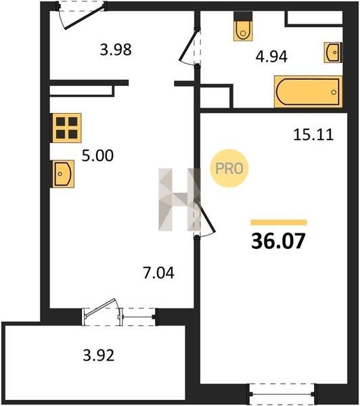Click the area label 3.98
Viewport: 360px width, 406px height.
[x=116, y=49]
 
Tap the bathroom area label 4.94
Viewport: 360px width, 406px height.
[x=271, y=56]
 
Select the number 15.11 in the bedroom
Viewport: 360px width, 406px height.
[x=313, y=135]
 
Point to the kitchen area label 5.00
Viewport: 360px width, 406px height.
[x=97, y=156]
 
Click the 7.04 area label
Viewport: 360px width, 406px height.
[x=158, y=273]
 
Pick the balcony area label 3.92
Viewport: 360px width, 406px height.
[x=98, y=355]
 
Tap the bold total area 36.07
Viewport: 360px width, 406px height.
[x=278, y=241]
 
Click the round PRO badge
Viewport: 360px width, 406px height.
[x=229, y=168]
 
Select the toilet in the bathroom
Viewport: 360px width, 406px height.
[x=243, y=26]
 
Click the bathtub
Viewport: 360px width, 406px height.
[x=308, y=91]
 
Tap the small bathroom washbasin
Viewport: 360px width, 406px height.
[x=333, y=53]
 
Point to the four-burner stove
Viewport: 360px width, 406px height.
[x=67, y=128]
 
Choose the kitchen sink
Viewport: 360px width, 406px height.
[x=64, y=174]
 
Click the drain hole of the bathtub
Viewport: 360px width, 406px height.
[x=334, y=92]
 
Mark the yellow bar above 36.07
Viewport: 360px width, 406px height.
[x=279, y=223]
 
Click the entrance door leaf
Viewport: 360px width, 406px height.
[x=84, y=18]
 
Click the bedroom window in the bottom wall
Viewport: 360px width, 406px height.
[x=282, y=394]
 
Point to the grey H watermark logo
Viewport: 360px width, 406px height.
[x=179, y=200]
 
